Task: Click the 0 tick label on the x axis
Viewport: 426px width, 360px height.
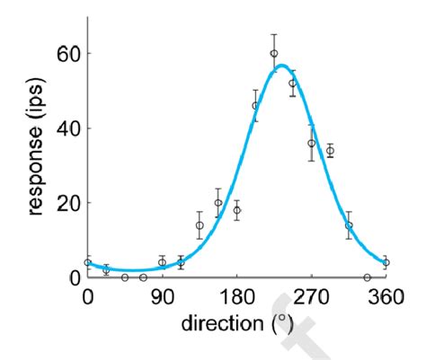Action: (87, 297)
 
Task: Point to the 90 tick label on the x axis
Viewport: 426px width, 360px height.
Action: (162, 297)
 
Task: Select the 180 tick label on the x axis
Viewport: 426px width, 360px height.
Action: (236, 297)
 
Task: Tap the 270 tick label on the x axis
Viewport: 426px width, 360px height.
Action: (311, 297)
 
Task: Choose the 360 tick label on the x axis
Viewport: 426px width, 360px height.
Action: (386, 297)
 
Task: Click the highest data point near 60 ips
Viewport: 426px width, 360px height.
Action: (274, 53)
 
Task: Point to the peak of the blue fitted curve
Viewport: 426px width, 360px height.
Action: (281, 65)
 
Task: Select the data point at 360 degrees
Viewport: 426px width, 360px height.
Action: (386, 262)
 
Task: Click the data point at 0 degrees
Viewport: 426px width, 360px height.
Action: (87, 262)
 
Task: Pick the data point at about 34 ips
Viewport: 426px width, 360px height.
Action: (330, 151)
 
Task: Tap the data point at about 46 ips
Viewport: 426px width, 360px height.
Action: (255, 105)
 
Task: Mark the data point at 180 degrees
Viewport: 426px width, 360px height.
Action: (236, 210)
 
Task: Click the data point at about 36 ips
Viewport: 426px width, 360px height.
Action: (311, 143)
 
